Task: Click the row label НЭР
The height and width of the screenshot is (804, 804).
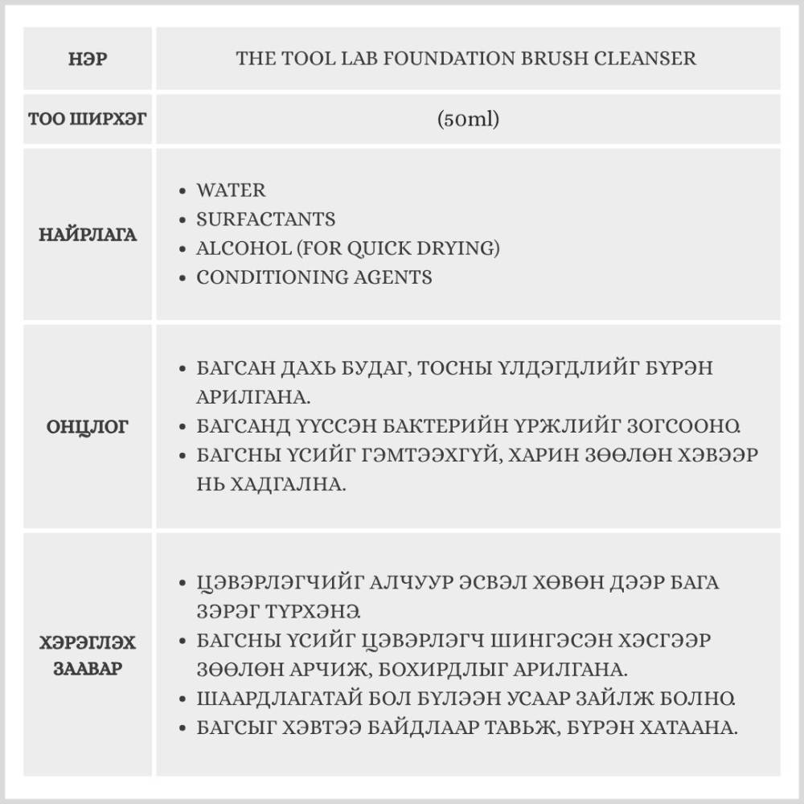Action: [x=88, y=59]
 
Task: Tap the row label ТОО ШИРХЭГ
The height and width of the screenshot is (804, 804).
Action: [x=88, y=120]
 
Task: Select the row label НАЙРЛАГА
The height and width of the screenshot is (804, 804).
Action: [x=88, y=235]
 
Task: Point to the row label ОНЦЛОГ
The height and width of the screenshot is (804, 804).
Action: [x=88, y=426]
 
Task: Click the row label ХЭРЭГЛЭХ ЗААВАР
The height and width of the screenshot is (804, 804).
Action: [x=88, y=655]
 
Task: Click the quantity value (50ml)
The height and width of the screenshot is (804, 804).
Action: [x=469, y=120]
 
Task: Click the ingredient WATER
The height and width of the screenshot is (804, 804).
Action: [x=231, y=191]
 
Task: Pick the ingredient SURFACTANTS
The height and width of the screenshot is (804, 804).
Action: [x=266, y=219]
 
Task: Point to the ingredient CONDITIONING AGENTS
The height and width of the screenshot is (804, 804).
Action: [x=314, y=277]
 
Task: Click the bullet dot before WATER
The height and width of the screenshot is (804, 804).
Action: [x=183, y=191]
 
